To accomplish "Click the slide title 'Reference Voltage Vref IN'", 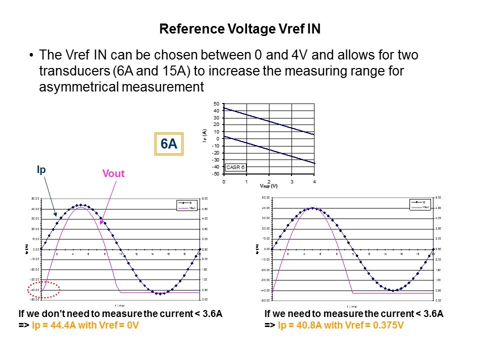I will tap(239, 29).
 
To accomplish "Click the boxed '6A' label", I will tap(168, 144).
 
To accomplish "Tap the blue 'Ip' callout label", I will tap(41, 169).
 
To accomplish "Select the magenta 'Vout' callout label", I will tap(113, 173).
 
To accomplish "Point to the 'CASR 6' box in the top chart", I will tap(235, 167).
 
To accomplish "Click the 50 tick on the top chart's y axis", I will tap(216, 103).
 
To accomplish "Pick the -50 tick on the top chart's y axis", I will tap(215, 174).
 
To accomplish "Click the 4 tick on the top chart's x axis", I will tap(314, 181).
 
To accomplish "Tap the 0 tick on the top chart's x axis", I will tap(224, 181).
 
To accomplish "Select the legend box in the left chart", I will tap(185, 204).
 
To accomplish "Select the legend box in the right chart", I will tap(419, 204).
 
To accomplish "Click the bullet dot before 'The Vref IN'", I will tap(32, 55).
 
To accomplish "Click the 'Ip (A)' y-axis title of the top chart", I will tap(205, 137).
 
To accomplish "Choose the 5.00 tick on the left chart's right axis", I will tap(205, 198).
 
